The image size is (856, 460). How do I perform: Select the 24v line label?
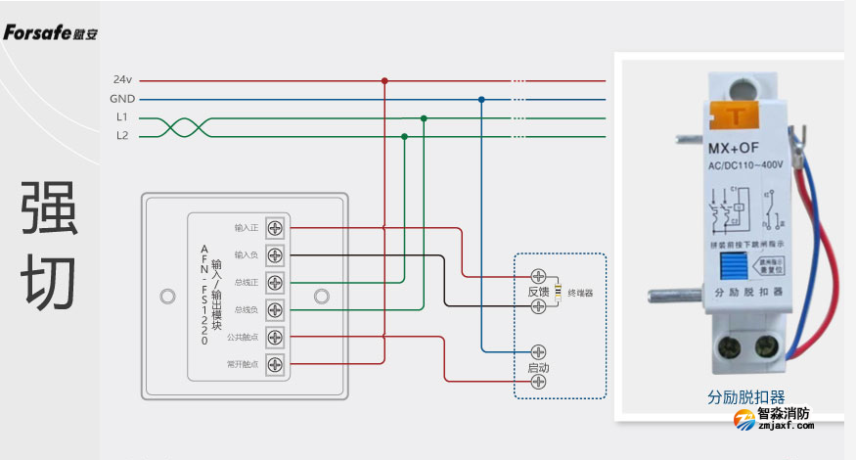click(122, 79)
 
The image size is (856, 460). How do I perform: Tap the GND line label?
click(122, 99)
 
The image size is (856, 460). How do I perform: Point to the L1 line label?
click(122, 117)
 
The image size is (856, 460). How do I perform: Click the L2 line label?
click(122, 136)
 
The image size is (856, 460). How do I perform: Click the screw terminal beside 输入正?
click(275, 228)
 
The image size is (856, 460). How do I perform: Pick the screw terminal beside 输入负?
click(275, 255)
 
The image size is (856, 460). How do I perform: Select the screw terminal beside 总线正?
click(275, 283)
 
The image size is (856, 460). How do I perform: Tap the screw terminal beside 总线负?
click(275, 310)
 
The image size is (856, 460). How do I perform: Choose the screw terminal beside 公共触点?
click(275, 338)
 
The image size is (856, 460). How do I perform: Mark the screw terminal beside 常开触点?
click(275, 365)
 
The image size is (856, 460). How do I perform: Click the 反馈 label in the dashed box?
click(538, 292)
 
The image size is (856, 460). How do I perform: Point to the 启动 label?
click(538, 367)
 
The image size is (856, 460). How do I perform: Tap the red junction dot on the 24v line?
click(384, 80)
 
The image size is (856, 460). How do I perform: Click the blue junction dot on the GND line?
click(481, 99)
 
